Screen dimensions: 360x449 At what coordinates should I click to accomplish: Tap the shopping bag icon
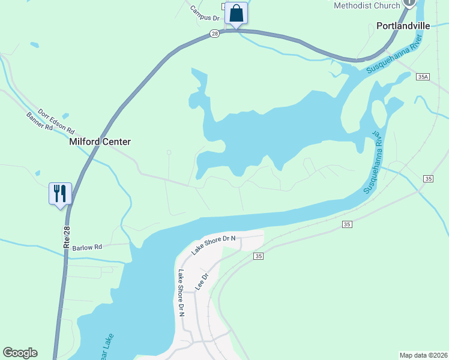237,14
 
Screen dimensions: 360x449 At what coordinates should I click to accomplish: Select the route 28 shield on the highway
214,34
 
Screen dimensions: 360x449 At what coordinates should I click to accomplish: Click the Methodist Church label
367,5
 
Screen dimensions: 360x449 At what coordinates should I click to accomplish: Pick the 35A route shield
423,77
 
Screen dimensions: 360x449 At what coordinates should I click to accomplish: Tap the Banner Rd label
40,125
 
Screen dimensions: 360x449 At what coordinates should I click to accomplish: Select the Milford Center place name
100,142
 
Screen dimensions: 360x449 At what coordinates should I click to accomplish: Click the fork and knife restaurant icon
60,194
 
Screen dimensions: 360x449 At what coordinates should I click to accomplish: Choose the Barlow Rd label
87,247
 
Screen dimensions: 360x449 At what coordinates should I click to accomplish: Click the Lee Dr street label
201,282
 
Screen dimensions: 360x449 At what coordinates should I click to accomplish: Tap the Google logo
20,353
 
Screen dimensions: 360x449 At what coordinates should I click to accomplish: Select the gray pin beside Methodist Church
409,2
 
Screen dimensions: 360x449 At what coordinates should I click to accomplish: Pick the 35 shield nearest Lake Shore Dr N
258,256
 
